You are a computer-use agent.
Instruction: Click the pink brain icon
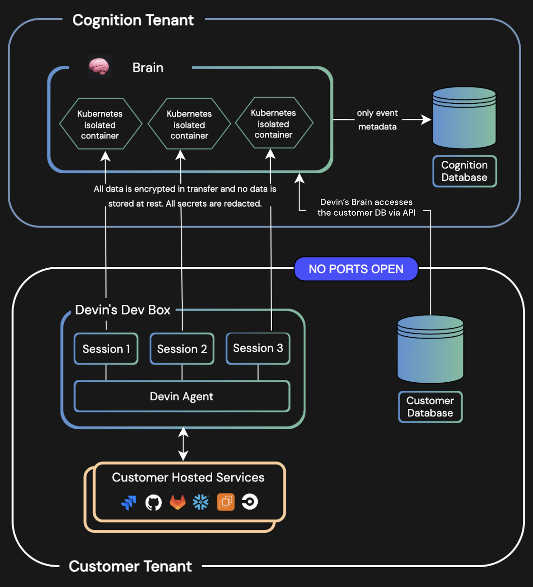[99, 66]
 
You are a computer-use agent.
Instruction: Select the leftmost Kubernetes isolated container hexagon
[100, 124]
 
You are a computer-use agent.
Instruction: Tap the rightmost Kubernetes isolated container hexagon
[274, 123]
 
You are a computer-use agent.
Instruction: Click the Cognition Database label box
[464, 171]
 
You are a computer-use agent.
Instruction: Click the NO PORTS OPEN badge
[356, 269]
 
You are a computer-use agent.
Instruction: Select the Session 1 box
[106, 349]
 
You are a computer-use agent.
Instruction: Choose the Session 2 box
[182, 349]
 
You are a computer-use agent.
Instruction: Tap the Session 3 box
[258, 348]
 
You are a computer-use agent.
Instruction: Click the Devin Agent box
[182, 396]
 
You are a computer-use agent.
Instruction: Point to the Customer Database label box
[430, 407]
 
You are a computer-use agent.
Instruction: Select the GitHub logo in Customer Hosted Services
[153, 502]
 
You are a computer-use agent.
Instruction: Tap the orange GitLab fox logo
[178, 502]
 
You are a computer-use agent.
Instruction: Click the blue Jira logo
[129, 502]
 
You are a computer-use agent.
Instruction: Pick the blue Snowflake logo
[201, 502]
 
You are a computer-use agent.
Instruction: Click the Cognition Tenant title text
[133, 20]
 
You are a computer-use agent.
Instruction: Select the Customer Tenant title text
[130, 566]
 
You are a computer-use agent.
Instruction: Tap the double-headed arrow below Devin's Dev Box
[183, 444]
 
